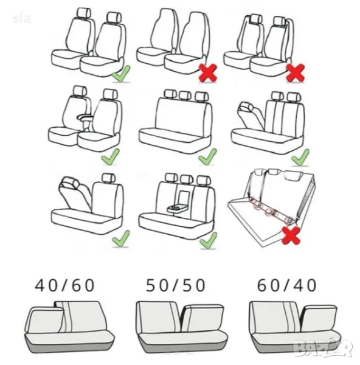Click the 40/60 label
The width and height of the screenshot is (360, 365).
64,285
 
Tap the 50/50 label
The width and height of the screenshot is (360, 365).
176,285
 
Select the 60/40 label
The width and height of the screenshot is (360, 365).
286,285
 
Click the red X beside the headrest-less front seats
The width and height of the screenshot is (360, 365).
208,73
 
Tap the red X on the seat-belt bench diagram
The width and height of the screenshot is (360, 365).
291,235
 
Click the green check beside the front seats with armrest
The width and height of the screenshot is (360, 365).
110,157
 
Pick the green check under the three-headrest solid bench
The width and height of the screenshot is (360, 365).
207,157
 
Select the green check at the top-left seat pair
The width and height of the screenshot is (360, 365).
121,74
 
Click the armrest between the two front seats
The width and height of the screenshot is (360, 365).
85,118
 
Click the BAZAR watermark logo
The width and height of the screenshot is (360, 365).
323,347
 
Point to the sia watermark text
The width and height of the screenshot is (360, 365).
22,19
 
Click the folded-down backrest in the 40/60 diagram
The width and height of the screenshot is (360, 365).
44,319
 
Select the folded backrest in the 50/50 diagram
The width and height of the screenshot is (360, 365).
202,318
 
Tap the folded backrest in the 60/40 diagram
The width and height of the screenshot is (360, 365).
319,318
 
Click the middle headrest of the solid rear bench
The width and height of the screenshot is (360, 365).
185,96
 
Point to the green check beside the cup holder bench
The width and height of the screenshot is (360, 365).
208,240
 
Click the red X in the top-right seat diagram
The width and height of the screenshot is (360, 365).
296,73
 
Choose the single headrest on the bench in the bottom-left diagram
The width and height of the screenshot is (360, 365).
109,178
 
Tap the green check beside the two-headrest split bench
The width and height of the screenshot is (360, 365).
300,158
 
